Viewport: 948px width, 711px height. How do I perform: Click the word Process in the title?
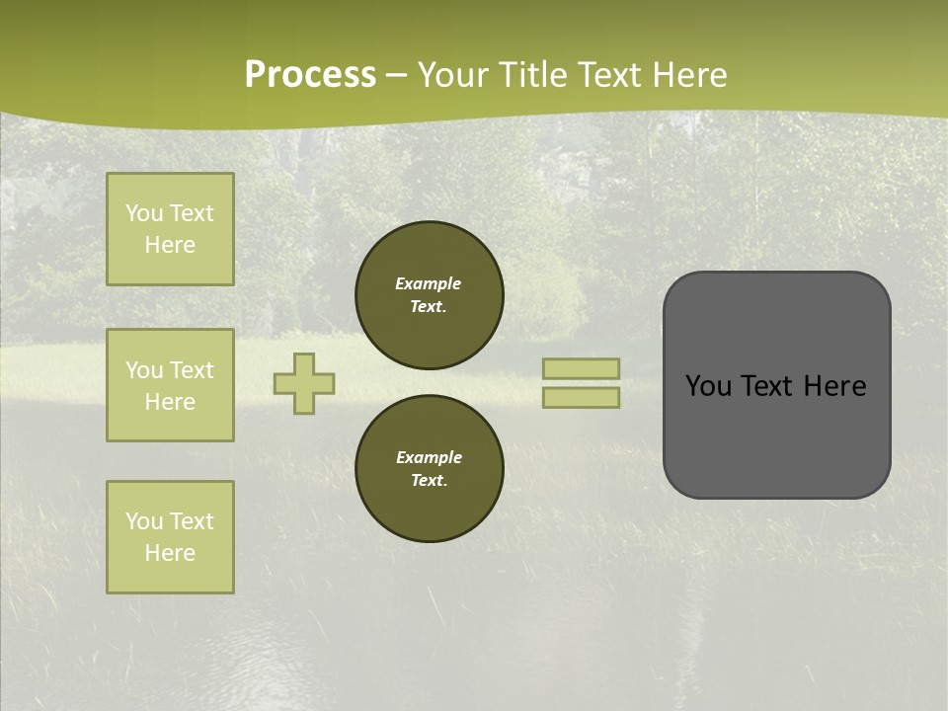(x=310, y=75)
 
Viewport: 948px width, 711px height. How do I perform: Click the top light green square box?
(x=170, y=229)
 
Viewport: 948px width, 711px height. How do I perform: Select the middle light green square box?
(x=170, y=385)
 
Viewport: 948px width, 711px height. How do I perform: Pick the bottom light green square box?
(x=170, y=536)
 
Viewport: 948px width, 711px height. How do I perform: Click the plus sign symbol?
(x=304, y=384)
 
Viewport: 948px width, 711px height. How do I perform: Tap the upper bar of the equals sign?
(x=581, y=368)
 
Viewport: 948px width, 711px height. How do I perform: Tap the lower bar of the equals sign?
(x=581, y=398)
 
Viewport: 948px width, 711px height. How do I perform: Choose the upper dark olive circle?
(x=430, y=295)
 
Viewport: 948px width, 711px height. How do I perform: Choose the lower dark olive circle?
(x=430, y=469)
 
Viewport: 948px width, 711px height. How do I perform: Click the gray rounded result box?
(x=776, y=434)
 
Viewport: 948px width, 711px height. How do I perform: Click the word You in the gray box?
(x=708, y=386)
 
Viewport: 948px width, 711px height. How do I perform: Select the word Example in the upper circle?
(x=429, y=283)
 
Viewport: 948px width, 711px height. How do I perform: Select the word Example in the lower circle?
(x=429, y=457)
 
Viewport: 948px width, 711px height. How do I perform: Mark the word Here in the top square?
(x=170, y=245)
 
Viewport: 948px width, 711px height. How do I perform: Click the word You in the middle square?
(x=145, y=370)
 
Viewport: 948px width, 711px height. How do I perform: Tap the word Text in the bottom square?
(x=192, y=521)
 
